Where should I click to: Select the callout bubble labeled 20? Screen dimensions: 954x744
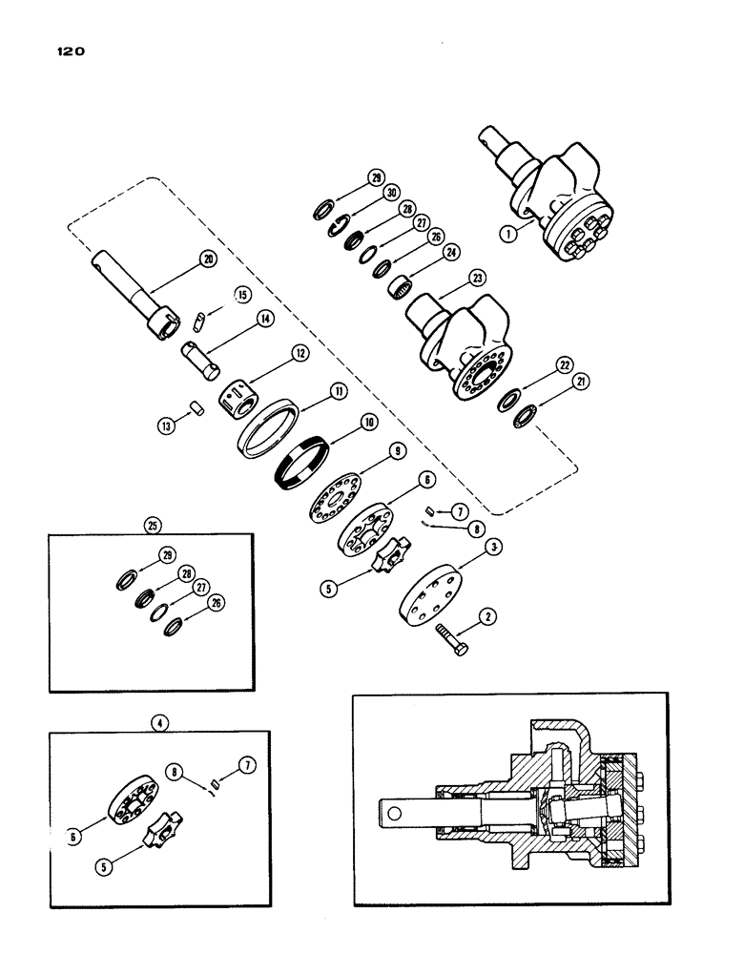pos(209,259)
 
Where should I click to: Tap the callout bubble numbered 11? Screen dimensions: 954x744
pos(339,390)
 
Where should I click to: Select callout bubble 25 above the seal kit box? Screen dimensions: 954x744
pos(150,524)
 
